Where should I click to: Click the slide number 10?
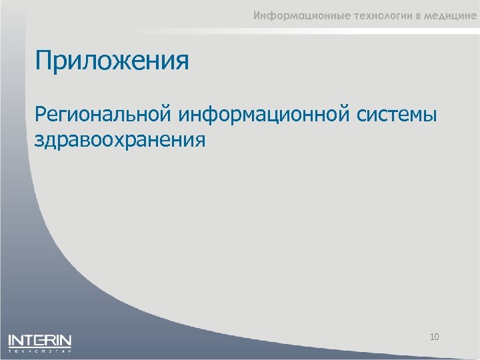(434, 337)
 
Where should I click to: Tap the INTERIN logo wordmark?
(39, 340)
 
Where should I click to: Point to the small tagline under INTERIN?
(39, 349)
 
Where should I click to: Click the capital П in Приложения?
(43, 61)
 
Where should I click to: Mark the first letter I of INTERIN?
(10, 340)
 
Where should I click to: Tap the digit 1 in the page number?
(431, 337)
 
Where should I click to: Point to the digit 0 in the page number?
(437, 337)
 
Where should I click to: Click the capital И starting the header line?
(257, 17)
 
